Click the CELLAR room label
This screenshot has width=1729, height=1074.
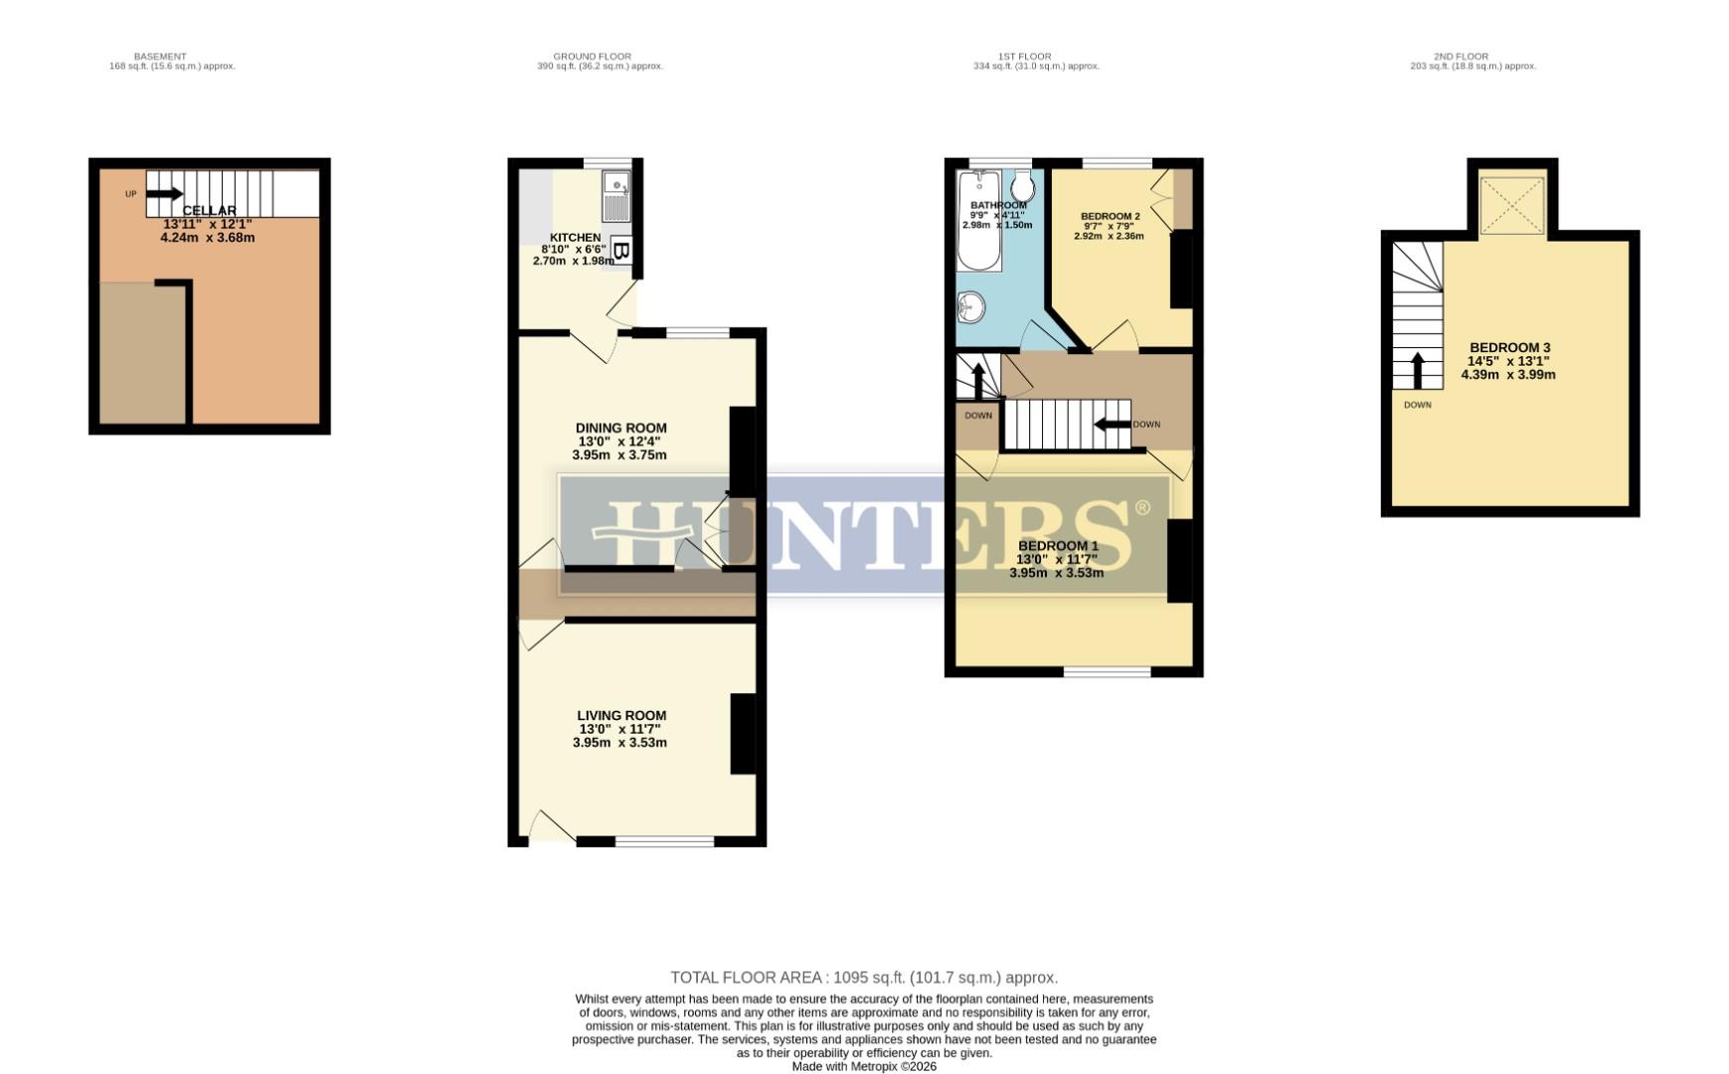[x=209, y=211]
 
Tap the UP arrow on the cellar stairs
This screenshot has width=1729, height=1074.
[x=164, y=194]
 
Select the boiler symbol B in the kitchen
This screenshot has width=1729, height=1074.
[x=620, y=251]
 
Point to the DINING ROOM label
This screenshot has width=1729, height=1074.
[x=620, y=429]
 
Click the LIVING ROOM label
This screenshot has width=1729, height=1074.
[x=621, y=716]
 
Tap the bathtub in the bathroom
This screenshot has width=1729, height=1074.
[x=978, y=221]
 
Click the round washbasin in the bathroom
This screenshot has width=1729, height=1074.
[x=969, y=308]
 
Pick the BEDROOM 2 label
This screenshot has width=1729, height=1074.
[x=1110, y=216]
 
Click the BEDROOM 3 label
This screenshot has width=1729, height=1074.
[x=1509, y=348]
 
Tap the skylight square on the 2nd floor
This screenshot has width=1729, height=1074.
[x=1511, y=206]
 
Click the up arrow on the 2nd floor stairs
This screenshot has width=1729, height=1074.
[x=1418, y=369]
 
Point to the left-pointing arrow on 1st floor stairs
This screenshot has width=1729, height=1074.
[x=1113, y=425]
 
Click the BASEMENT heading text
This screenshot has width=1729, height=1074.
[x=160, y=57]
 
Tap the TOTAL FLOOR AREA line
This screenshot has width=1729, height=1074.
[x=863, y=978]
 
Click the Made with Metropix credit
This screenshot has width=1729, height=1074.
[x=863, y=1066]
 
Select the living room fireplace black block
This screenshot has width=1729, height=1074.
[x=743, y=734]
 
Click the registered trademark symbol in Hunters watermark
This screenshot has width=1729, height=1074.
[x=1142, y=508]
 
